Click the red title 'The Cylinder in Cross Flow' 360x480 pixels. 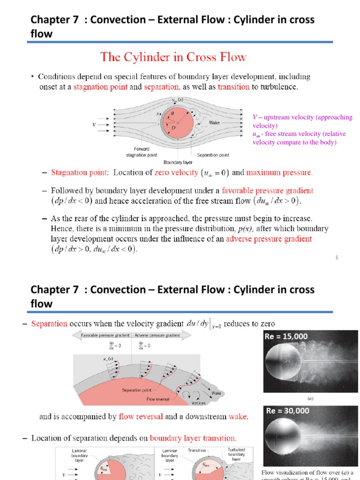pos(173,57)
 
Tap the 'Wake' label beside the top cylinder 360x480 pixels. pos(214,123)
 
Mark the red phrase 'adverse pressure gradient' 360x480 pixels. pos(269,239)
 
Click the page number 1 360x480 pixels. pos(337,257)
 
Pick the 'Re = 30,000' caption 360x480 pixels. pos(287,411)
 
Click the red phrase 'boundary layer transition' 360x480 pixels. pos(193,438)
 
